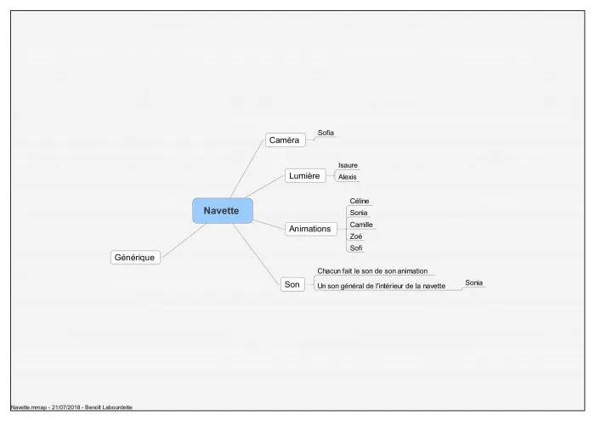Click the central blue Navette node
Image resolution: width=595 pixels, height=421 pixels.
(223, 210)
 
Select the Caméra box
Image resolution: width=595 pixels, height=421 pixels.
(285, 140)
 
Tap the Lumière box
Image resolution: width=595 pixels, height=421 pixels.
(305, 176)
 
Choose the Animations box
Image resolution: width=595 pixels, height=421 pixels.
(310, 229)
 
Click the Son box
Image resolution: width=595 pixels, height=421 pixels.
(292, 284)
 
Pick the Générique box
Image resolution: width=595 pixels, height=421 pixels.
(135, 258)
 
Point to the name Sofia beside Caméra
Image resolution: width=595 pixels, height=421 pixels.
(326, 133)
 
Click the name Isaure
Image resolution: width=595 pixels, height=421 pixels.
(348, 165)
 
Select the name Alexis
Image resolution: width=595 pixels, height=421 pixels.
(347, 177)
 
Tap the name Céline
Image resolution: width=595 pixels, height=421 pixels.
(360, 202)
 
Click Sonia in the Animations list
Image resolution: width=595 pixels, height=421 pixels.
(359, 213)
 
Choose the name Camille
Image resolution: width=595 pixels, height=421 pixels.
(361, 225)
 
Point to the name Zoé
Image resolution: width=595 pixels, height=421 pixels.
(356, 236)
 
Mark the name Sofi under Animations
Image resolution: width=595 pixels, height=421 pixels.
(356, 247)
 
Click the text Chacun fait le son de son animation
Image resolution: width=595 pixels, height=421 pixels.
(372, 271)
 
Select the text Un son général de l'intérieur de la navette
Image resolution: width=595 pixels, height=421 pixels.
(382, 286)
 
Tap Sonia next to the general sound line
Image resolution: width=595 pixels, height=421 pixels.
(474, 283)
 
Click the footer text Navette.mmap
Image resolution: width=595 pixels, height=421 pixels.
(28, 407)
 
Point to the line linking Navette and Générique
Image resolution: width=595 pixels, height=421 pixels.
(184, 241)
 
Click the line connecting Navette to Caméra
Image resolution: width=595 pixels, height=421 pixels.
(247, 168)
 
